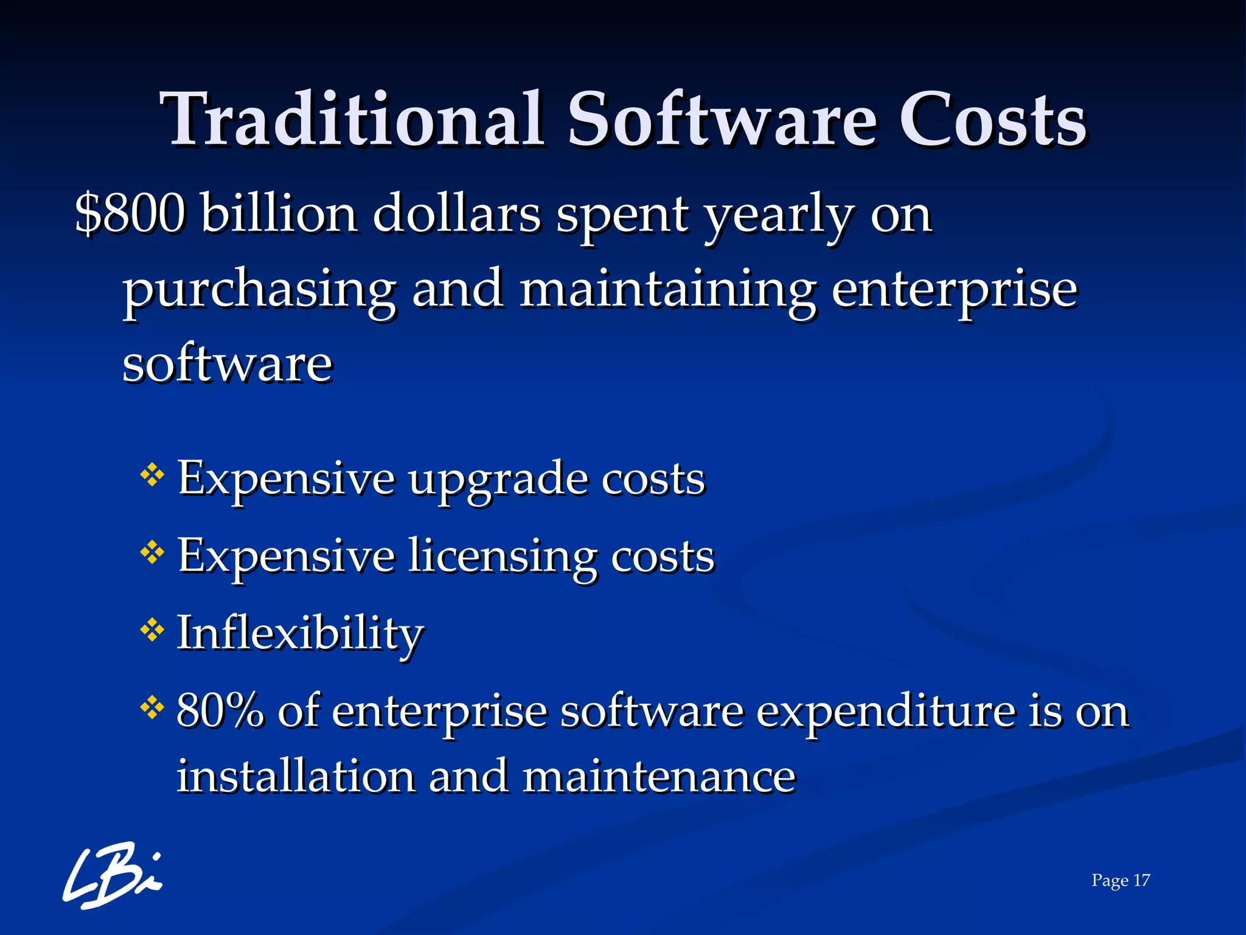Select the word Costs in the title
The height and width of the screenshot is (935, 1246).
pos(992,121)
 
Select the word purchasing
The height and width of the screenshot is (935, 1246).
pos(259,291)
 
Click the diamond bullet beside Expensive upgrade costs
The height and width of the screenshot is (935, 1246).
pos(152,475)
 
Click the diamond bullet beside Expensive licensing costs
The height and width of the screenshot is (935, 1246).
pos(152,553)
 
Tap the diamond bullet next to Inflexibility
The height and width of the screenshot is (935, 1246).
pos(152,630)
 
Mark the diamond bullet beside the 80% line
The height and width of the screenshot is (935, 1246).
pos(152,707)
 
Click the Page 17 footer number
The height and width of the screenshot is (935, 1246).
pos(1120,880)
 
